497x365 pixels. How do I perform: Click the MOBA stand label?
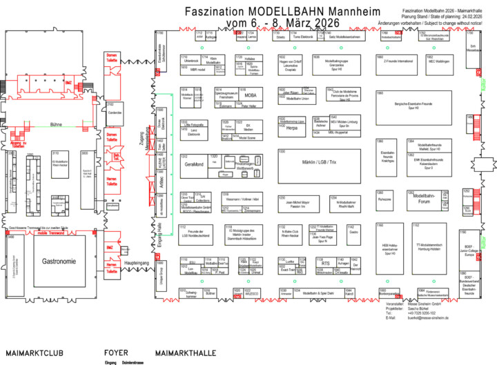click(251, 96)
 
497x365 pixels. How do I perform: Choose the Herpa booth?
click(292, 128)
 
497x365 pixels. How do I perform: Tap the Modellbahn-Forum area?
click(422, 199)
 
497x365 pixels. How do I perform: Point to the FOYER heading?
click(116, 353)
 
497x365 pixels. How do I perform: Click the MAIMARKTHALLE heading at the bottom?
click(184, 353)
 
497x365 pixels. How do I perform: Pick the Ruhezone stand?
click(385, 200)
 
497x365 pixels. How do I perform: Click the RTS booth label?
click(325, 263)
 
